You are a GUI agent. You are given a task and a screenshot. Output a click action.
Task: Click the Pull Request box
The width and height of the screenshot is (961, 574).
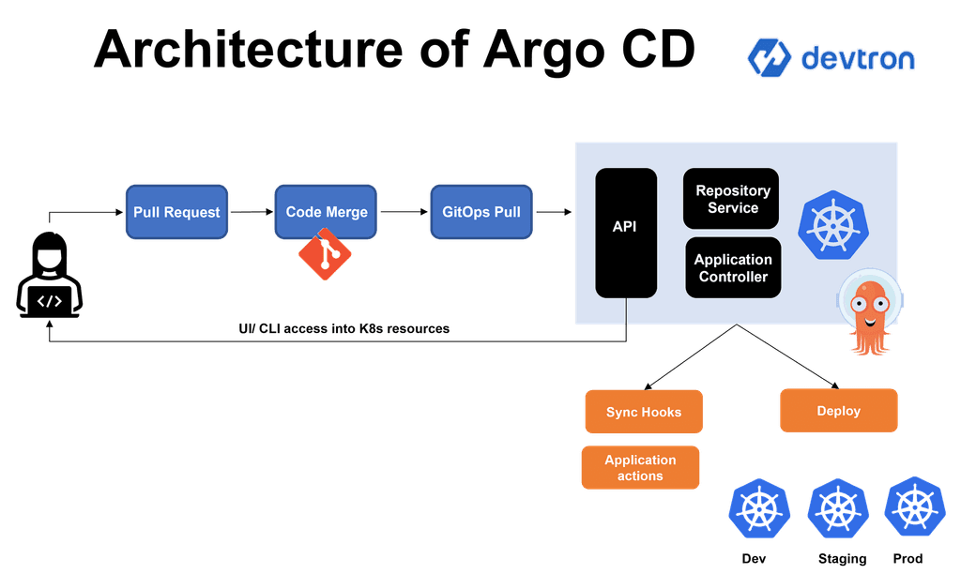[x=176, y=212]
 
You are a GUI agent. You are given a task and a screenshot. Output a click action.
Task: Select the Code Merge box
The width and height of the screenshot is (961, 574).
[x=327, y=212]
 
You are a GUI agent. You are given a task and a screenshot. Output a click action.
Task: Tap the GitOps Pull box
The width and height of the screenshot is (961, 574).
[x=481, y=212]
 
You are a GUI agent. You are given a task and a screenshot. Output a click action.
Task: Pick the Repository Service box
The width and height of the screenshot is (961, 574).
[x=732, y=199]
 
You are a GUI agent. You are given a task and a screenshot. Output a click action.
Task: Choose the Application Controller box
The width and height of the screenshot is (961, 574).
[x=733, y=268]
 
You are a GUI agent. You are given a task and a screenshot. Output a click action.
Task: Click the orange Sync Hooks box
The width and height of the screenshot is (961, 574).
[x=643, y=412]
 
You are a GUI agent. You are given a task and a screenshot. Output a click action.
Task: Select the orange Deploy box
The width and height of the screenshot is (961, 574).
[x=838, y=411]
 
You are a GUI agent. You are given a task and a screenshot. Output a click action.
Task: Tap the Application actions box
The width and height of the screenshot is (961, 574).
[x=640, y=468]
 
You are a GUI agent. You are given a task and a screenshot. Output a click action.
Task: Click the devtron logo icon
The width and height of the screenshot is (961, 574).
[x=770, y=58]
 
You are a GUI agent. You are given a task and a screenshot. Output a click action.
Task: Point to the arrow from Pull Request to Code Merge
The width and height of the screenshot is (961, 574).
[x=252, y=212]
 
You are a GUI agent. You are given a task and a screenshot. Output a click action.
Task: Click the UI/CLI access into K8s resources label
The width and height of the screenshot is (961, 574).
[x=343, y=329]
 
